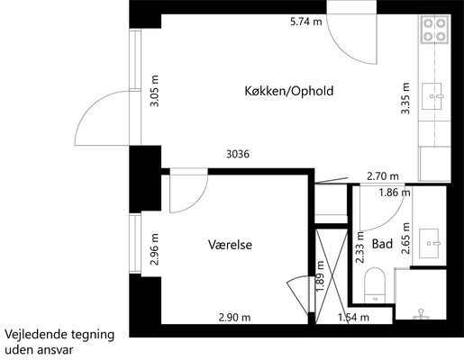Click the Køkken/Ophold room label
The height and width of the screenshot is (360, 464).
(289, 91)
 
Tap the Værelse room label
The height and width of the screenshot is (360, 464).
(230, 245)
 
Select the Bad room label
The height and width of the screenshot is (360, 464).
(382, 244)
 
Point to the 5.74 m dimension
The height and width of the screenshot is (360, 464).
(306, 22)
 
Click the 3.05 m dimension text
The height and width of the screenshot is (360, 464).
(155, 91)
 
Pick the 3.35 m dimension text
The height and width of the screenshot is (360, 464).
(405, 98)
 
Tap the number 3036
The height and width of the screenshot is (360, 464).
(238, 154)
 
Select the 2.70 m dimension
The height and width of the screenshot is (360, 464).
(383, 176)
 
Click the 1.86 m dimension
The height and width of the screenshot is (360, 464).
(395, 193)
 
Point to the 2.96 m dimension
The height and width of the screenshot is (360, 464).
(155, 249)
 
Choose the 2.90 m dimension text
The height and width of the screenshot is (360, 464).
(234, 318)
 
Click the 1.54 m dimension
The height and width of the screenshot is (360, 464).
(353, 317)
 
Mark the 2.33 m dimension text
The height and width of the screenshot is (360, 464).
(359, 247)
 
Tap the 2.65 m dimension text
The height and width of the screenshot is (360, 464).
(405, 238)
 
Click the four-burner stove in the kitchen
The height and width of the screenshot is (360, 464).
(434, 30)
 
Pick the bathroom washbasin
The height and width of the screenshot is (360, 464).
(430, 243)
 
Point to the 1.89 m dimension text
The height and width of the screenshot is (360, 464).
(320, 276)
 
